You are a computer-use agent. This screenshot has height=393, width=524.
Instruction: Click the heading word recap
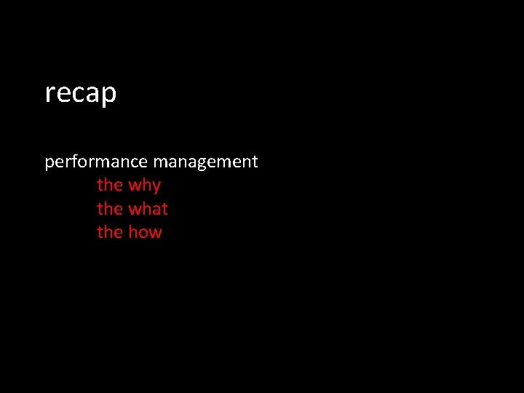(x=80, y=94)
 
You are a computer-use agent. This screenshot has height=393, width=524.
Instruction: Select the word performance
(x=95, y=162)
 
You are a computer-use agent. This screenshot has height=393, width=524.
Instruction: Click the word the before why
(x=110, y=185)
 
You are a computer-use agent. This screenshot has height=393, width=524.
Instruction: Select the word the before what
(x=110, y=209)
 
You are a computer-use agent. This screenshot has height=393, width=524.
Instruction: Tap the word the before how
(x=110, y=232)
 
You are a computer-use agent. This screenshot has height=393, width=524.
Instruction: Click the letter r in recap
(x=49, y=94)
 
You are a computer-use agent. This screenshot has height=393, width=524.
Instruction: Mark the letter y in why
(x=155, y=187)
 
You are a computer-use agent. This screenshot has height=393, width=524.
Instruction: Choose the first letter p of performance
(x=49, y=163)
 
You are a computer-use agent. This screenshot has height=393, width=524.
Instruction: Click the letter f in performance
(x=74, y=161)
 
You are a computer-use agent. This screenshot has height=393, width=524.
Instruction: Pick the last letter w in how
(x=154, y=233)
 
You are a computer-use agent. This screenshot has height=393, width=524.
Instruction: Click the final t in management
(x=255, y=162)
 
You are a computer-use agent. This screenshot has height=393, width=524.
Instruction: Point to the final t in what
(x=164, y=209)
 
